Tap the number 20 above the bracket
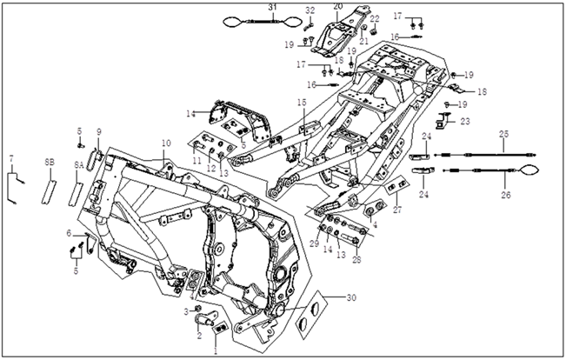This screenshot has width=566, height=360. (337, 7)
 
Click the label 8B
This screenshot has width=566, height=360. (50, 162)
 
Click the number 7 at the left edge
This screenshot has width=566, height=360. (11, 157)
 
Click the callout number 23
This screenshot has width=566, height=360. (464, 122)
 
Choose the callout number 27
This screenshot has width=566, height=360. (398, 210)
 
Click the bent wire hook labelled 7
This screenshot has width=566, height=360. (15, 185)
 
